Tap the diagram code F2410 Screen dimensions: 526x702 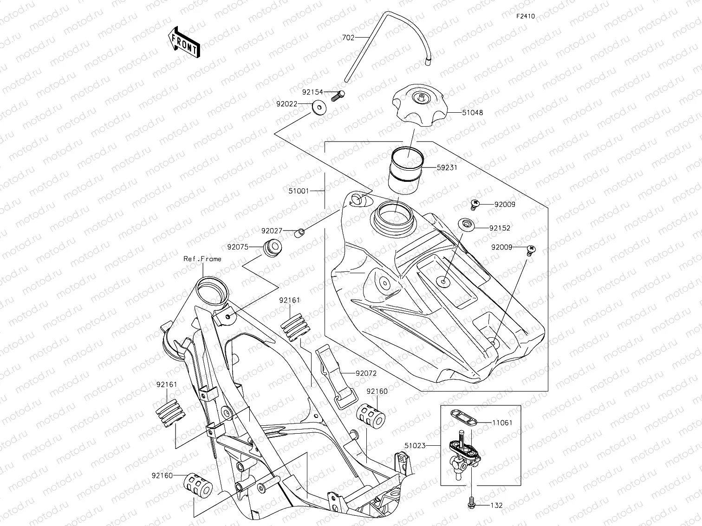click(526, 16)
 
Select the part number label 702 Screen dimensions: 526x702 click(348, 38)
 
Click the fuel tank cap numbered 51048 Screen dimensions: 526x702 click(419, 107)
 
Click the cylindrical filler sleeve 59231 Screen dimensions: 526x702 click(407, 168)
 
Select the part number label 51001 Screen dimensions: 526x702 click(299, 190)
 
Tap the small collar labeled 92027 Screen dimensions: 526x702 click(300, 232)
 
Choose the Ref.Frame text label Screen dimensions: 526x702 click(202, 259)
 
